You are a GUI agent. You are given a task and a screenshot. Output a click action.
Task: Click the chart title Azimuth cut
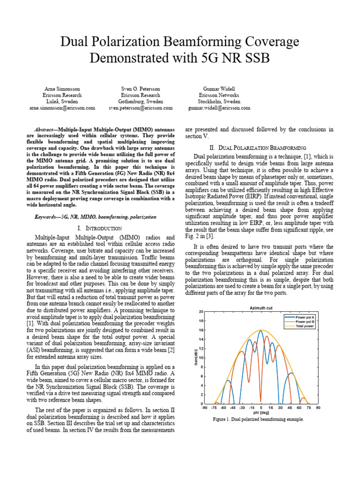coord(261,307)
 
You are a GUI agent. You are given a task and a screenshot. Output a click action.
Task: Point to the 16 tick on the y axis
coord(201,330)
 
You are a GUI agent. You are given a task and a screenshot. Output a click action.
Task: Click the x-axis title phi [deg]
coord(261,412)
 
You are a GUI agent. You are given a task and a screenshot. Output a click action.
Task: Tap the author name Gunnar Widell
coord(219,89)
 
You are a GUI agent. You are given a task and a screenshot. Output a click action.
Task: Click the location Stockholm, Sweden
coord(219,101)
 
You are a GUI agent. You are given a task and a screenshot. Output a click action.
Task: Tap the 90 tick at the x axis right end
coord(318,408)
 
